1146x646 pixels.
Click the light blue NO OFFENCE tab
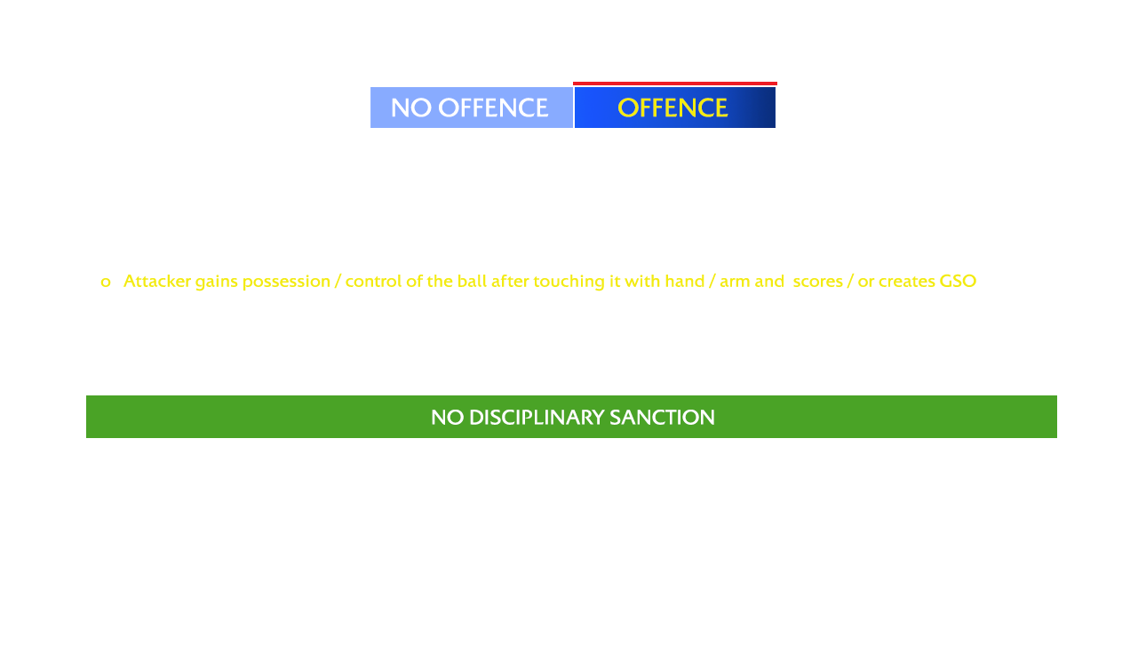[471, 108]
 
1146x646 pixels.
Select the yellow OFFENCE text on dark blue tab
[672, 108]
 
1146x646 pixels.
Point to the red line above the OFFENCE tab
[675, 84]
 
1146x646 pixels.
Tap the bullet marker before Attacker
[106, 283]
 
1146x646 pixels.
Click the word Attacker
[156, 281]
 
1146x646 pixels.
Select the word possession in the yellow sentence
[286, 282]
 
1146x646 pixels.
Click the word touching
[569, 282]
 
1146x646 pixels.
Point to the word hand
[685, 281]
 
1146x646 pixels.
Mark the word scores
[817, 283]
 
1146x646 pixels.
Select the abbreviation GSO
[958, 281]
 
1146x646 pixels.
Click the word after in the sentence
[510, 281]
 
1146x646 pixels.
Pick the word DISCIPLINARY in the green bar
[537, 417]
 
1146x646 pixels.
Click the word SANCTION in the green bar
[662, 417]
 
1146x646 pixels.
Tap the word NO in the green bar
[448, 417]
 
